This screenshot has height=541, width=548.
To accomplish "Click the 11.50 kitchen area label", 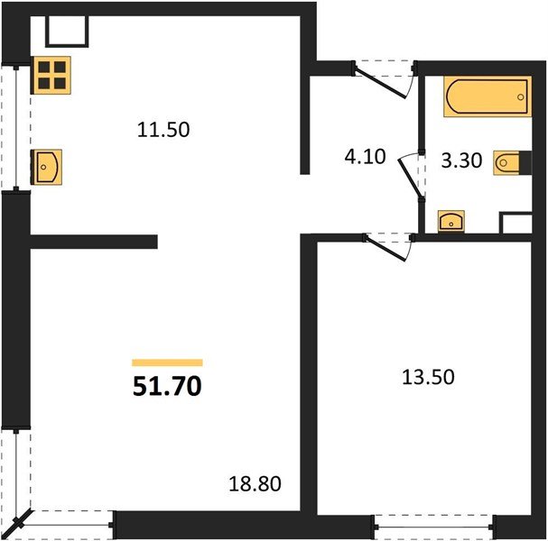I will click(x=163, y=129).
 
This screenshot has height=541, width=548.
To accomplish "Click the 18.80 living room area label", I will click(x=257, y=484).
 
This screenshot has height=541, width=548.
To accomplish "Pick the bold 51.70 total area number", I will click(x=167, y=389).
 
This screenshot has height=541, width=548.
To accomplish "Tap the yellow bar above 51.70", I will click(x=167, y=362).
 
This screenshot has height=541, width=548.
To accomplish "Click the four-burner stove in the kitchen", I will click(x=51, y=74).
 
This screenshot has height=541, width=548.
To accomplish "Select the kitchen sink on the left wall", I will click(x=46, y=165).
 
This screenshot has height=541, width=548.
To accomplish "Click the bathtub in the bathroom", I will click(x=486, y=96).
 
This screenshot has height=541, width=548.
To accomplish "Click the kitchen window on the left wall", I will click(x=18, y=126).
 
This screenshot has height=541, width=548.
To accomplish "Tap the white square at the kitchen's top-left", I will click(x=66, y=32).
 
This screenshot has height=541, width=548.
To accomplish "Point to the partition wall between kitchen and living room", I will click(x=94, y=242).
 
